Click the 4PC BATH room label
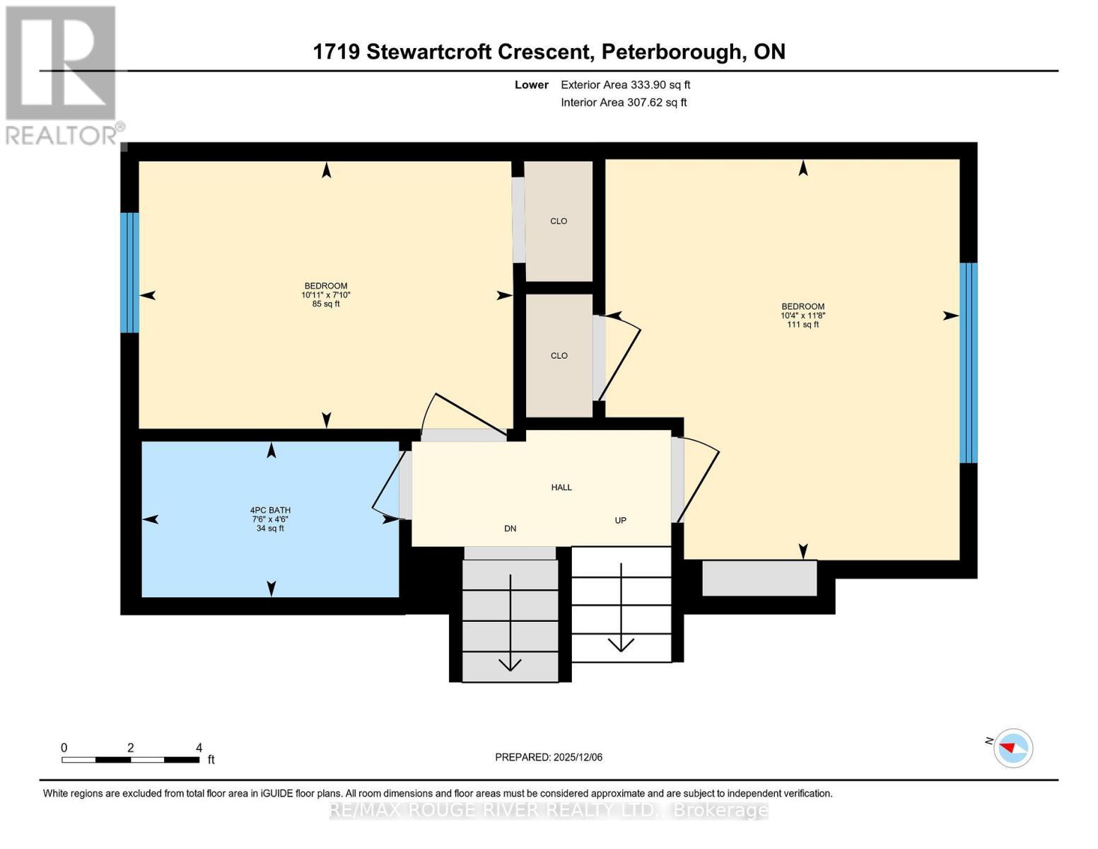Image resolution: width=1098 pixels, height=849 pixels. pyautogui.click(x=270, y=510)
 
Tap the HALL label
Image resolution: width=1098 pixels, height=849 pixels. pyautogui.click(x=561, y=487)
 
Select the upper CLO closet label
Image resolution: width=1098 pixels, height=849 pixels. pyautogui.click(x=559, y=221)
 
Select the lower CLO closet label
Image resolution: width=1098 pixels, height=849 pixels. pyautogui.click(x=559, y=356)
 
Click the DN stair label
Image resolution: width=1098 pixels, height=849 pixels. pyautogui.click(x=510, y=529)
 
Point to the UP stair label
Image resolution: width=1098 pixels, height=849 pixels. pyautogui.click(x=620, y=521)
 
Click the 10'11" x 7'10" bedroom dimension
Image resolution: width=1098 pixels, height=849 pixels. pyautogui.click(x=326, y=295)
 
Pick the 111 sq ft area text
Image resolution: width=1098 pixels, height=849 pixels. pyautogui.click(x=802, y=325)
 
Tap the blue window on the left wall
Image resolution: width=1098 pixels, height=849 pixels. pyautogui.click(x=129, y=272)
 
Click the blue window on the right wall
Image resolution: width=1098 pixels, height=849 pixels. pyautogui.click(x=968, y=362)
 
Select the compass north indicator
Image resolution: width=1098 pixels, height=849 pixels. pyautogui.click(x=1013, y=748)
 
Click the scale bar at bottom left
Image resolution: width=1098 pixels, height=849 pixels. pyautogui.click(x=130, y=760)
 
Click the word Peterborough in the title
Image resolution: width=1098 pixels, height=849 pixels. pyautogui.click(x=672, y=52)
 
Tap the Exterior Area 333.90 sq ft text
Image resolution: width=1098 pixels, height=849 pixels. pyautogui.click(x=625, y=85)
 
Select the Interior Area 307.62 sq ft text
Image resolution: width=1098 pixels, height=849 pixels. pyautogui.click(x=624, y=103)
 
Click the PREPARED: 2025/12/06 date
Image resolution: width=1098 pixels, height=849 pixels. pyautogui.click(x=549, y=757)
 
